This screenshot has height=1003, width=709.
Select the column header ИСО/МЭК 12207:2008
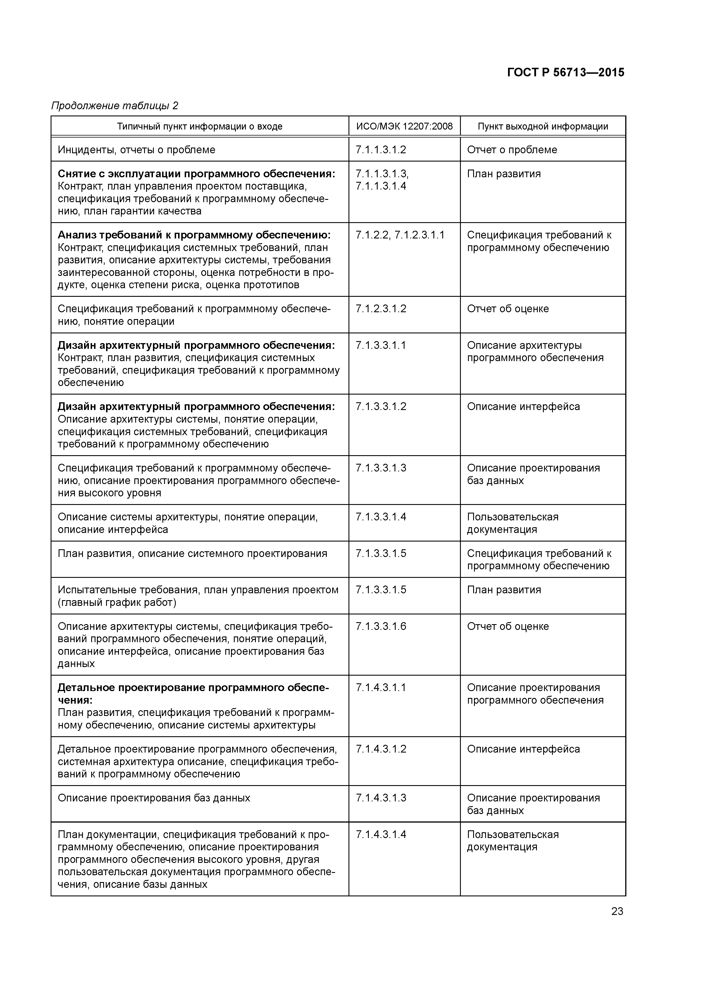coord(404,127)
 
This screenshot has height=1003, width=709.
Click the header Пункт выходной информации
coord(543,127)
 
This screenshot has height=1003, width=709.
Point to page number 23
coord(617,911)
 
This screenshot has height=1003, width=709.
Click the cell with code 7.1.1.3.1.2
coord(381,150)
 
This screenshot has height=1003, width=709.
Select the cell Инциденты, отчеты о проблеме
coord(136,150)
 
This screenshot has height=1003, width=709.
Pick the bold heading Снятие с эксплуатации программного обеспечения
coord(196,174)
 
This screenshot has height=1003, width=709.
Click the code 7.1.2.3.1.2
coord(381,309)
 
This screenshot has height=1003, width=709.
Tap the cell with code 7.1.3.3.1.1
coord(381,346)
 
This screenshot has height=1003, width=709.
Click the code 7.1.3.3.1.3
coord(381,468)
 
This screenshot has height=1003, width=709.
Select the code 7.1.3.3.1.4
coord(381,517)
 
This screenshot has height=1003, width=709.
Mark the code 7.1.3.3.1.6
coord(381,626)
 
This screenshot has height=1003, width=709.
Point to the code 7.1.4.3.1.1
coord(381,688)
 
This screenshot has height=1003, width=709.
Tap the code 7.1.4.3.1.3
coord(381,798)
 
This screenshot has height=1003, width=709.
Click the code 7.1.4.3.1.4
coord(381,835)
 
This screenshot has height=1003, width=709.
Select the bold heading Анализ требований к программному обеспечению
coord(194,236)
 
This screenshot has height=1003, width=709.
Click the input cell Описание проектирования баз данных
coord(154,798)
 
